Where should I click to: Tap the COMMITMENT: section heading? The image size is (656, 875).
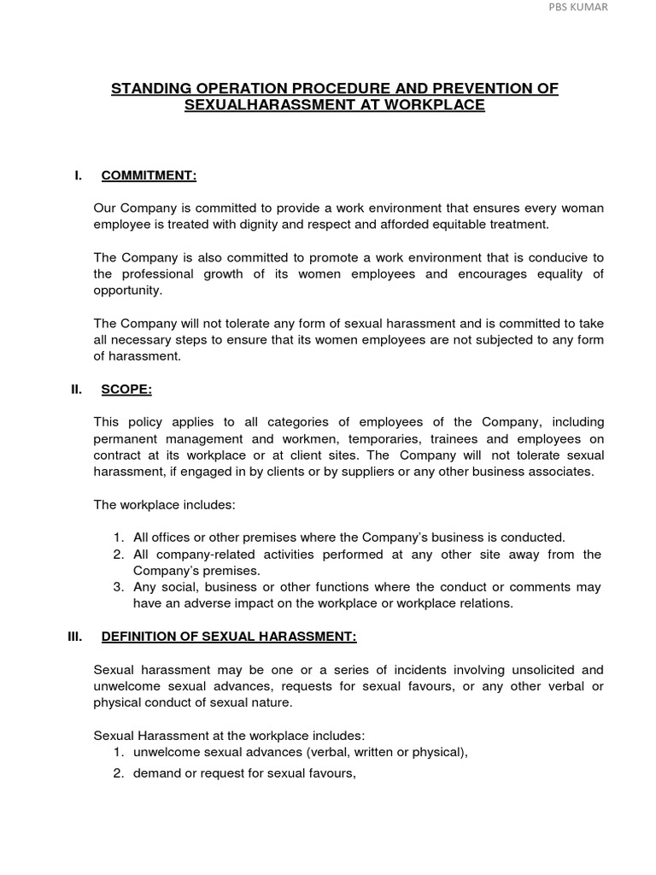coord(149,176)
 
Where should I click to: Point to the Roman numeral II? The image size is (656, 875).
coord(76,389)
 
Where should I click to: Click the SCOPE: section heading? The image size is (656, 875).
coord(126,389)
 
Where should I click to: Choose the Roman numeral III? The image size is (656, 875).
coord(76,636)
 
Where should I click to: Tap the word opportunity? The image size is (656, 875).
coord(127,290)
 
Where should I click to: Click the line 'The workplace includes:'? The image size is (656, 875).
coord(164,504)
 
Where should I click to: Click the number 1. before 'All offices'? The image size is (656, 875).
coord(119,537)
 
